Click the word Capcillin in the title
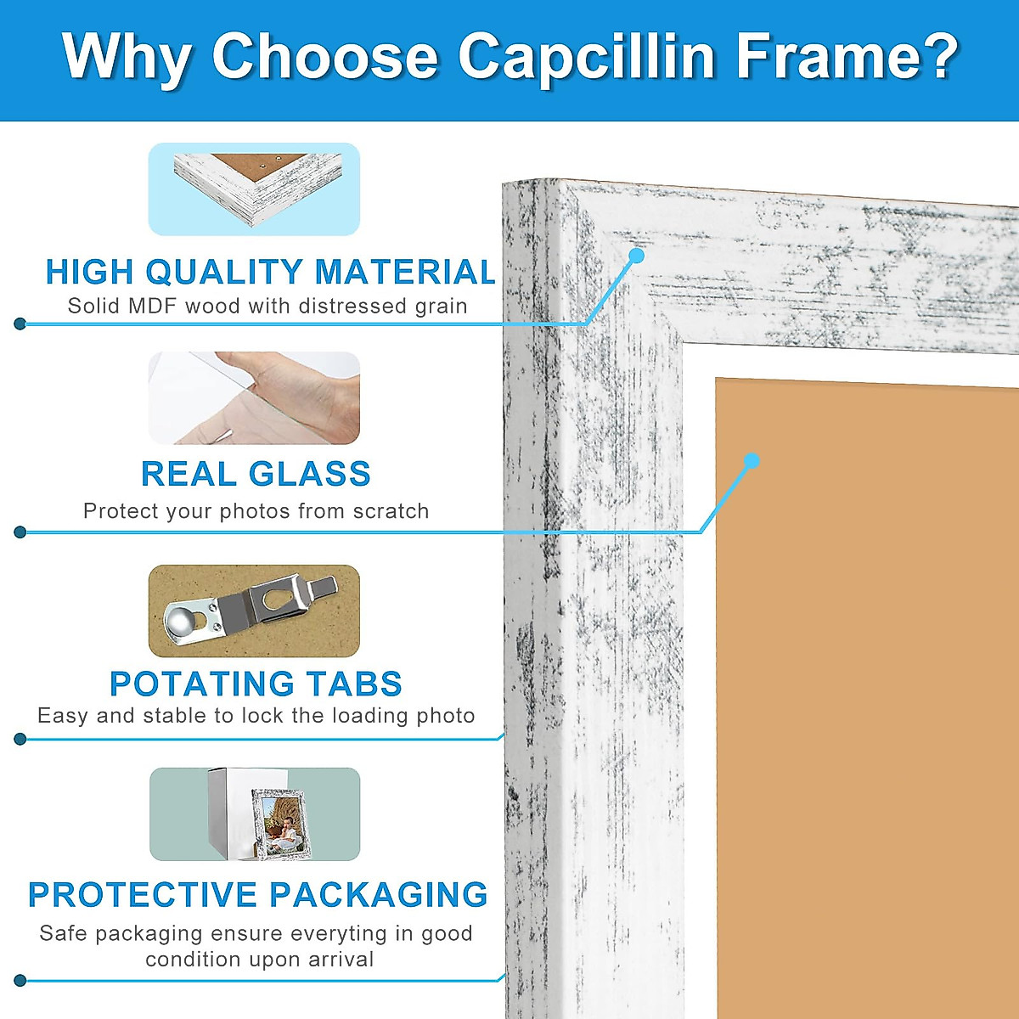click(586, 57)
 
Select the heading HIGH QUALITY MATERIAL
click(270, 273)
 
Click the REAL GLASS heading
click(256, 474)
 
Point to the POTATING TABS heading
click(256, 684)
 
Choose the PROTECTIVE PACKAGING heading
click(258, 895)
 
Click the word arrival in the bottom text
click(341, 960)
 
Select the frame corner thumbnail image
click(254, 189)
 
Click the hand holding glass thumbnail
click(254, 397)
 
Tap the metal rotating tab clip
click(255, 609)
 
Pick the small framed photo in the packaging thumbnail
click(281, 822)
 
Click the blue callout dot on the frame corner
click(636, 255)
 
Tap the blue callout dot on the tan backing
click(751, 461)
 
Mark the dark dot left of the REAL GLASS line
click(20, 532)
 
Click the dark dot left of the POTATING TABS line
click(20, 739)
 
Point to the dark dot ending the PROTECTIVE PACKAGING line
click(20, 981)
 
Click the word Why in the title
click(126, 57)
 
